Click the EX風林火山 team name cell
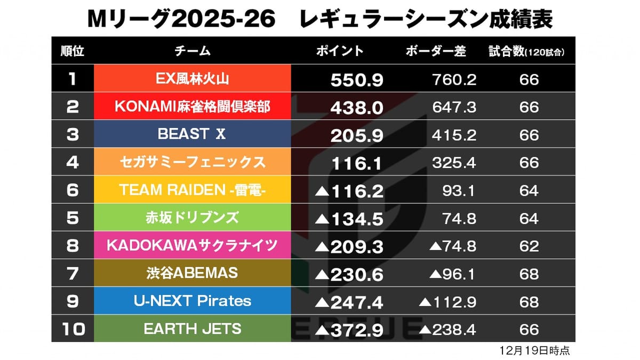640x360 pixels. coord(192,79)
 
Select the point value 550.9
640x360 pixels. coord(357,80)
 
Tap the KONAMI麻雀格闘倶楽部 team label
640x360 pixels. coord(192,107)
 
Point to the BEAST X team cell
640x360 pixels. coord(192,134)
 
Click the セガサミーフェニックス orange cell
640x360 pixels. coord(192,162)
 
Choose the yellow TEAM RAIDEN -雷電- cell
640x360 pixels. coord(192,190)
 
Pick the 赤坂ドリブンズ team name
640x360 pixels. coord(192,218)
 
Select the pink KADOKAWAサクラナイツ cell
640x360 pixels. coord(192,245)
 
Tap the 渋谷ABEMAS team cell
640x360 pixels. coord(192,273)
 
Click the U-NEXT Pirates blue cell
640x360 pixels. coord(192,301)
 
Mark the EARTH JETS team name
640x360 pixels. coord(192,329)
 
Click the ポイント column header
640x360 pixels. coord(340,51)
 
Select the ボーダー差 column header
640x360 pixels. coord(436,51)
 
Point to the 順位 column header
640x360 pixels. coord(73,51)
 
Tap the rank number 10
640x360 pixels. coord(73,329)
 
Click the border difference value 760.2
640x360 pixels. coord(454,79)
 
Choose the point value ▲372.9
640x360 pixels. coord(349,330)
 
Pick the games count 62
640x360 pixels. coord(529,246)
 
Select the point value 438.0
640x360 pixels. coord(357,108)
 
